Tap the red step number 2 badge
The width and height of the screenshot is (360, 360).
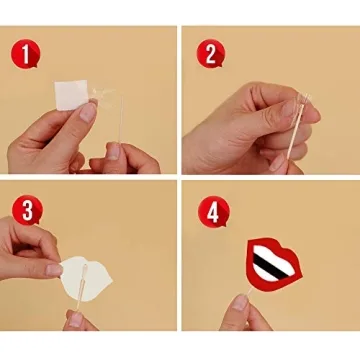(x=210, y=53)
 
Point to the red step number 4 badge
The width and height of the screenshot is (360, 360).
(x=210, y=211)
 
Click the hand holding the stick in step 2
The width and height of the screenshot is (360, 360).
(x=245, y=125)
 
